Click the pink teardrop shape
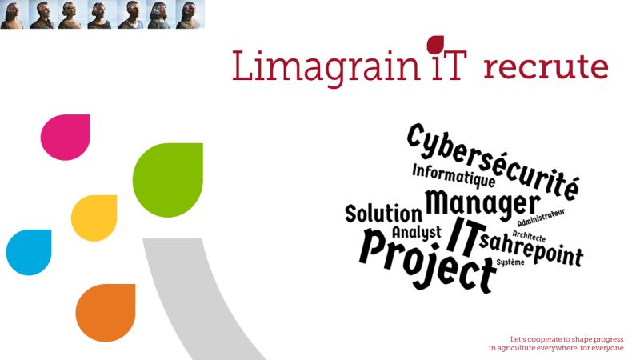(x=66, y=137)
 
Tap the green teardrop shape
(x=168, y=179)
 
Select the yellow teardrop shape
(x=94, y=218)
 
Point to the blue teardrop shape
(x=29, y=252)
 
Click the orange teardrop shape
(x=106, y=313)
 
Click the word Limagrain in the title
(x=326, y=66)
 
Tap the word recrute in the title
(x=546, y=67)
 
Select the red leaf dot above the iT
(x=435, y=44)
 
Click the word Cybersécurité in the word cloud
(x=493, y=162)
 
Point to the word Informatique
(x=454, y=175)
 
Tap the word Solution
(x=384, y=214)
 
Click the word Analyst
(x=417, y=233)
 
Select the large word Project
(x=427, y=261)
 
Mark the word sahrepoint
(x=531, y=250)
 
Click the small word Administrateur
(x=542, y=218)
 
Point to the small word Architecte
(x=529, y=236)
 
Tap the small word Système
(x=510, y=262)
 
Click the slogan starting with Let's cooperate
(x=556, y=344)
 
